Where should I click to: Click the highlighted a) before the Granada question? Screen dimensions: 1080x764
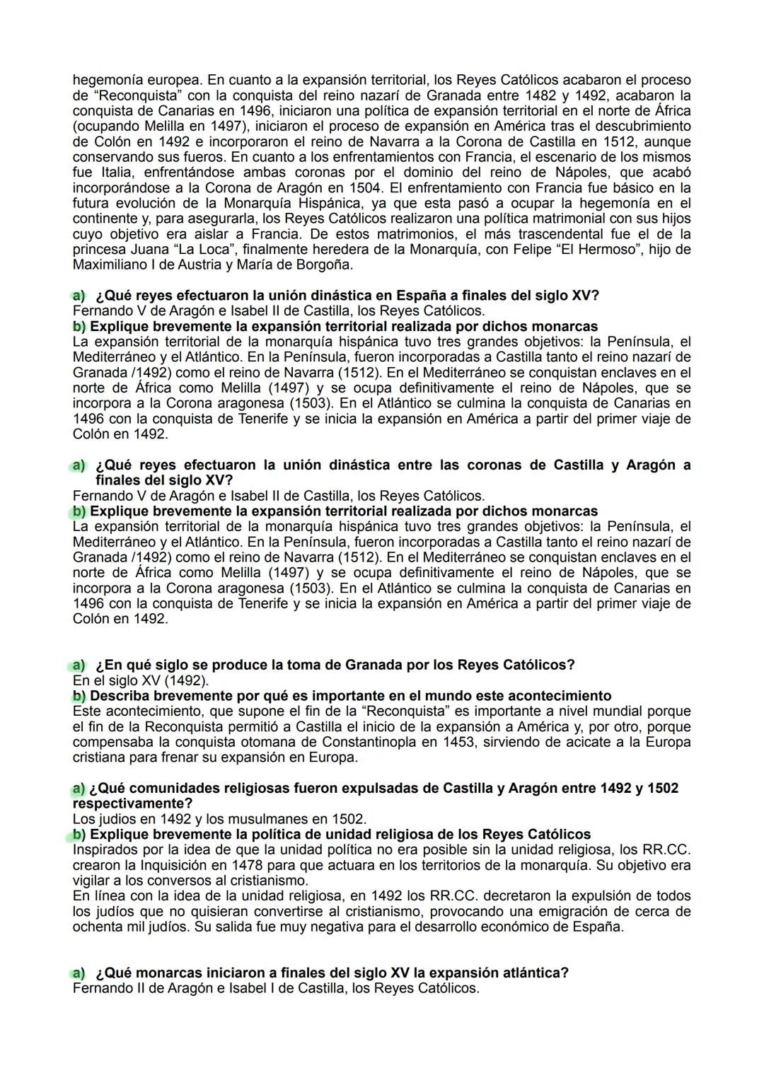77,665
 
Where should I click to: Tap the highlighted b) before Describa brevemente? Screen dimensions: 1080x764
79,696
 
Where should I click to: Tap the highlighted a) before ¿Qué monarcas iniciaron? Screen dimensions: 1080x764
77,972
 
